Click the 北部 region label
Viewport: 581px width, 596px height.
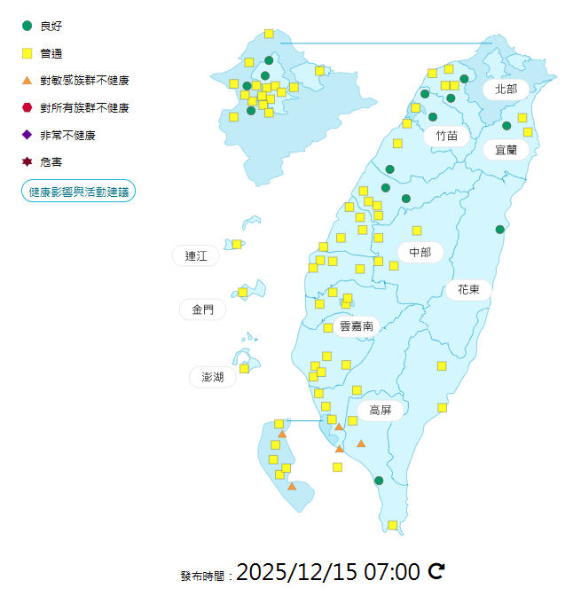pyautogui.click(x=506, y=89)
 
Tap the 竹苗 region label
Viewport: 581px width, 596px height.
pyautogui.click(x=441, y=136)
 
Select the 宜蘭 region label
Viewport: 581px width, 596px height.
pyautogui.click(x=506, y=150)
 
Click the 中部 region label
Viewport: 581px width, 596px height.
pyautogui.click(x=420, y=253)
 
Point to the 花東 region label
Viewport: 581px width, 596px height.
pyautogui.click(x=468, y=289)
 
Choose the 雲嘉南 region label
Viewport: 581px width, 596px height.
pyautogui.click(x=357, y=326)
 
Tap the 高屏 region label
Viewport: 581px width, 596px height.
pyautogui.click(x=381, y=410)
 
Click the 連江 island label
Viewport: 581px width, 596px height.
pyautogui.click(x=196, y=256)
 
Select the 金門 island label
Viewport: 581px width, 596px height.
pyautogui.click(x=202, y=310)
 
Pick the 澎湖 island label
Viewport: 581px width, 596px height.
pyautogui.click(x=213, y=377)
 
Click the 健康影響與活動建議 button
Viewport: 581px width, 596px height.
pyautogui.click(x=78, y=191)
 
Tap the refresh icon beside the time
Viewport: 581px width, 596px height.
pyautogui.click(x=436, y=571)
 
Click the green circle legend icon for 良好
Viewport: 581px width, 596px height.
pyautogui.click(x=27, y=26)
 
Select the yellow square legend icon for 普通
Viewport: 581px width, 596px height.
pyautogui.click(x=27, y=53)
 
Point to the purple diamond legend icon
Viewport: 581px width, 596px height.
pyautogui.click(x=27, y=135)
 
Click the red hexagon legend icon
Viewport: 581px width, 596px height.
pyautogui.click(x=27, y=107)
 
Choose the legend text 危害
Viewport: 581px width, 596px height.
pyautogui.click(x=51, y=162)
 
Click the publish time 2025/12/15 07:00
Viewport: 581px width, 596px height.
pyautogui.click(x=327, y=571)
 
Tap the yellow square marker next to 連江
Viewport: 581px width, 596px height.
pyautogui.click(x=237, y=244)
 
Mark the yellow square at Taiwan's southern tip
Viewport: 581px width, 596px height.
pyautogui.click(x=392, y=526)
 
